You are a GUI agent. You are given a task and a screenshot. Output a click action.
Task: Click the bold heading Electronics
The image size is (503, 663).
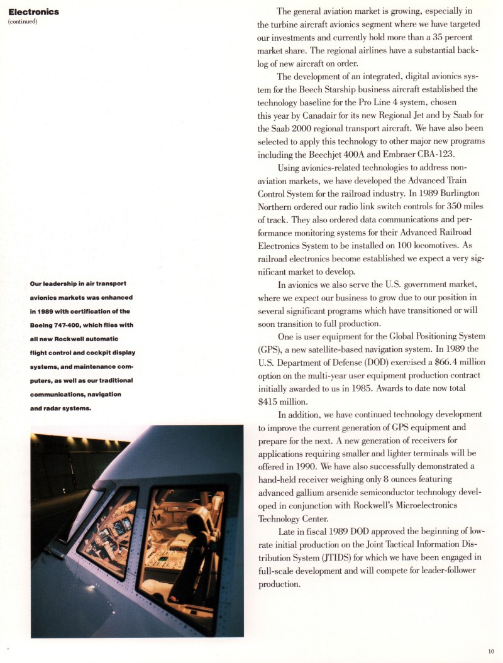click(x=33, y=11)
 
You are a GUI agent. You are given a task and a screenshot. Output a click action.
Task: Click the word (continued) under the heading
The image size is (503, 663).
click(x=23, y=21)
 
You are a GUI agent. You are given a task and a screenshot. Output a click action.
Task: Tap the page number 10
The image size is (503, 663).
click(x=491, y=651)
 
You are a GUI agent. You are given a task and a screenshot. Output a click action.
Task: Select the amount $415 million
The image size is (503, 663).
click(x=282, y=401)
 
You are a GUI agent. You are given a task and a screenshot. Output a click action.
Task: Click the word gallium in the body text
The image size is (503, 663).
click(x=312, y=492)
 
